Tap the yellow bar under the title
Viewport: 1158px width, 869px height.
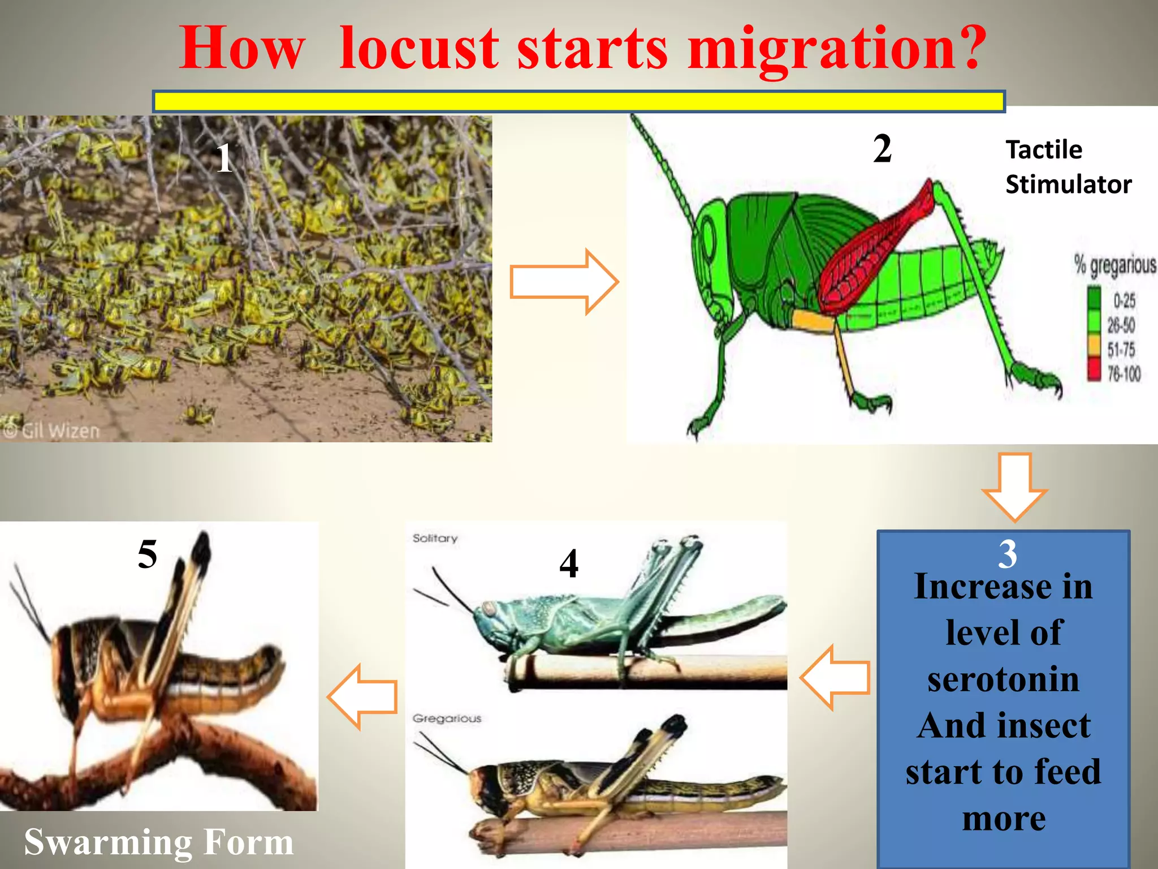coord(578,101)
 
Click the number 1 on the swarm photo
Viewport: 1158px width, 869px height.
coord(224,158)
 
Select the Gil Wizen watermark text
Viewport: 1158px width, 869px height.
coord(52,431)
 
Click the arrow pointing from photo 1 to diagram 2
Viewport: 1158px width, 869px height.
coord(563,282)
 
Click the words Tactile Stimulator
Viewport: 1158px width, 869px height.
coord(1068,167)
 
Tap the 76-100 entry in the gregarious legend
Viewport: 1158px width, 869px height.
coord(1123,373)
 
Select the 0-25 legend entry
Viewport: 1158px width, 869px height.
coord(1123,300)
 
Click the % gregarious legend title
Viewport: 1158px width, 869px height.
coord(1114,265)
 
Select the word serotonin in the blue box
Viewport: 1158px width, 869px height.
coord(1003,679)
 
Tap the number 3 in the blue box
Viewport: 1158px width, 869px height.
coord(1008,554)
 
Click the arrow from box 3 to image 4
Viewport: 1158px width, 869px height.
coord(835,677)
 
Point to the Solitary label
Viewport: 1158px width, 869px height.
coord(435,538)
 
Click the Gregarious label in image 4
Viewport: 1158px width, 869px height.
coord(447,719)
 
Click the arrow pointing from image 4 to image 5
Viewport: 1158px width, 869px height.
coord(363,697)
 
